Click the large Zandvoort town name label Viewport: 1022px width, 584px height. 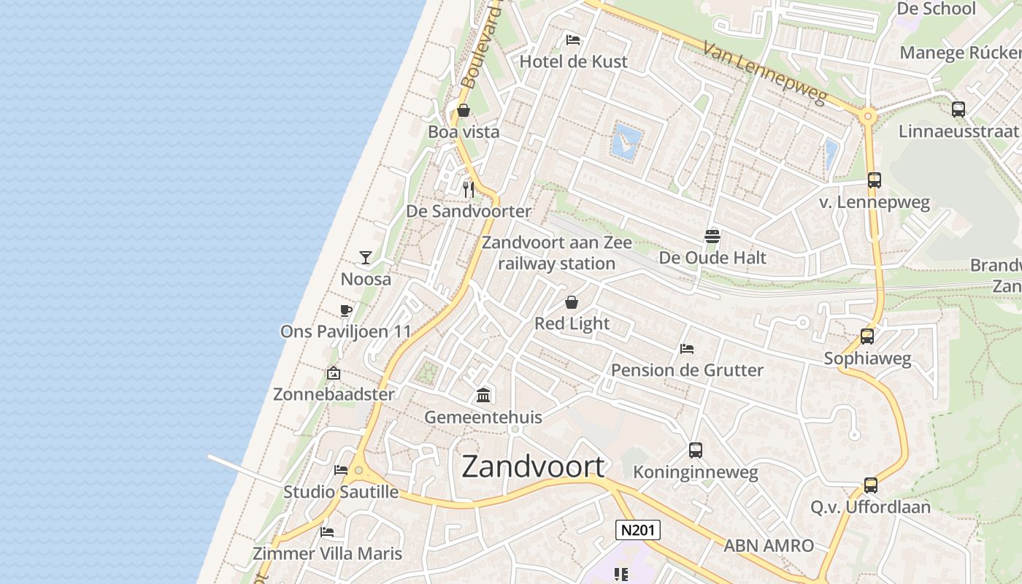point(534,466)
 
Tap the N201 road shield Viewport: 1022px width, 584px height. point(638,530)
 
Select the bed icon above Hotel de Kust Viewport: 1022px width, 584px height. point(573,39)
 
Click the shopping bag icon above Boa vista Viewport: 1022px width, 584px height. point(464,111)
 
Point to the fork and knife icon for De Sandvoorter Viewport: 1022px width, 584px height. point(469,190)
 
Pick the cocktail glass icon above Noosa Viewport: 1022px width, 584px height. point(366,258)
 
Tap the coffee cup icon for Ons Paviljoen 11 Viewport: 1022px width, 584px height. point(346,311)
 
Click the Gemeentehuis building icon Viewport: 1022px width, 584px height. point(483,396)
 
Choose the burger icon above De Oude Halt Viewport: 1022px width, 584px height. point(712,236)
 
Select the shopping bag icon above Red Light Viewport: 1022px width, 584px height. point(572,302)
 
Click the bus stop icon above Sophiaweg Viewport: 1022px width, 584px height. point(867,337)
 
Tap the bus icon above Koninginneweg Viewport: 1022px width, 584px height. point(696,450)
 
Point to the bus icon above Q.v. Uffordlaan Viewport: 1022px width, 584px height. point(871,485)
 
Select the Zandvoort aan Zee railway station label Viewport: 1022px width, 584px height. point(557,253)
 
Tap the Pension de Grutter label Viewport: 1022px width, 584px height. point(687,370)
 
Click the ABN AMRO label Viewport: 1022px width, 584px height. point(769,545)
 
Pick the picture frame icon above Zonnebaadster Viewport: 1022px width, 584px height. point(334,373)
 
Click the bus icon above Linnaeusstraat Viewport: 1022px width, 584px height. point(958,109)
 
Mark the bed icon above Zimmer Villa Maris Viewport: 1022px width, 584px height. point(327,532)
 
